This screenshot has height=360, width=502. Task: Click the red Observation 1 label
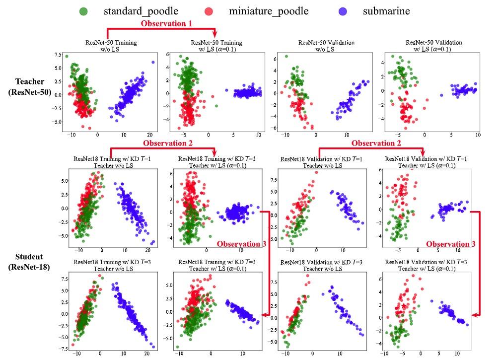(166, 23)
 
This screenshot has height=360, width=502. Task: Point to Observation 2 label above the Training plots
(167, 143)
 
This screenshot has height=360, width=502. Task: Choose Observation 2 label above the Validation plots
(376, 143)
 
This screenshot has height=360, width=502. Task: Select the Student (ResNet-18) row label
(29, 261)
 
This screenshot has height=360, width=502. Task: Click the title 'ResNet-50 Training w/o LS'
(111, 46)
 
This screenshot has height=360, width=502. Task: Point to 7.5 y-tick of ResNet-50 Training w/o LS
(58, 55)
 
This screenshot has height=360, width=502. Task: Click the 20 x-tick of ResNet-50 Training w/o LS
(149, 135)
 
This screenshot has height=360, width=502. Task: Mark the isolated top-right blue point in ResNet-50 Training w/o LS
(153, 62)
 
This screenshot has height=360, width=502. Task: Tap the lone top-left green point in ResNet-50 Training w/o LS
(67, 56)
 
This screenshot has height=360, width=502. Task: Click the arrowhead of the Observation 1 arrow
(215, 35)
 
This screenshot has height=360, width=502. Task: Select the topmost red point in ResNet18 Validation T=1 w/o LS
(316, 172)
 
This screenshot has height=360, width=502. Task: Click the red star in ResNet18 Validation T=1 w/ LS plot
(403, 187)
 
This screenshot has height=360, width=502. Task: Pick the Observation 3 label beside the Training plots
(241, 244)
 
